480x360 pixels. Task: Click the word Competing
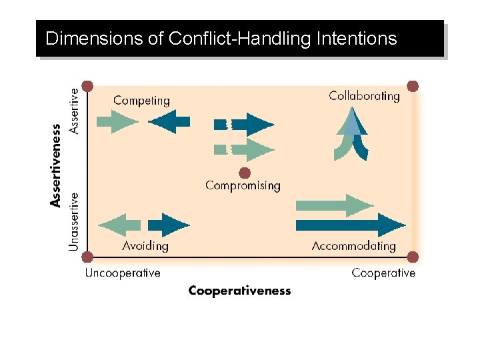pos(141,101)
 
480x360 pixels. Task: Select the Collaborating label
pos(364,96)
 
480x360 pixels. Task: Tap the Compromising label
pos(243,185)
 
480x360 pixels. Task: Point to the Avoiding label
pos(145,245)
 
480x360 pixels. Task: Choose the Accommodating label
pos(353,245)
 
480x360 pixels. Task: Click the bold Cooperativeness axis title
pos(239,291)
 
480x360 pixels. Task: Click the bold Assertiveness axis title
pos(57,163)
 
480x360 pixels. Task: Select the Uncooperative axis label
pos(123,273)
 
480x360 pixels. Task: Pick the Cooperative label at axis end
pos(383,273)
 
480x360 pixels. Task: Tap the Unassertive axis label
pos(73,222)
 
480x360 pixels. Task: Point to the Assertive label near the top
pos(73,107)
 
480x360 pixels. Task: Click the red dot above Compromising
pos(245,173)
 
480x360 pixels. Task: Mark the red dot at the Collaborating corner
pos(413,86)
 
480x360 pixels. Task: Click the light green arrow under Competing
pos(117,121)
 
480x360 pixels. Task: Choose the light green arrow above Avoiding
pos(120,225)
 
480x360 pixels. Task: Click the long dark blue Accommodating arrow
pos(349,224)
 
